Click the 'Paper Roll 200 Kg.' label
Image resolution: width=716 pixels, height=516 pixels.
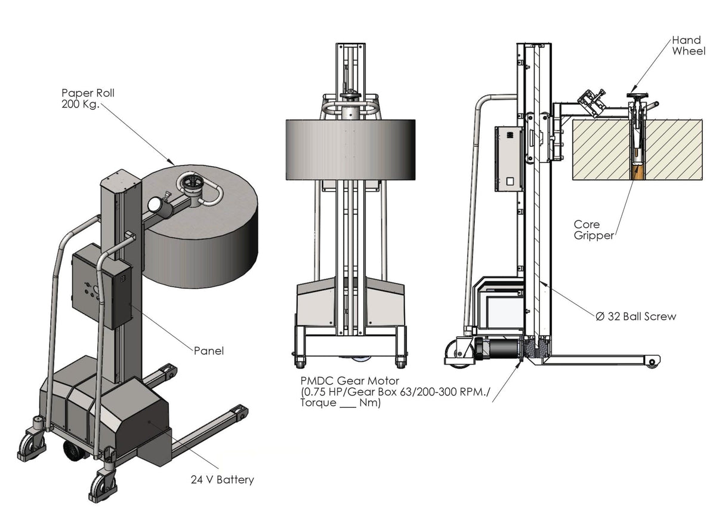coord(88,99)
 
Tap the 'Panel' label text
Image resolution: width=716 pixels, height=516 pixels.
coord(209,351)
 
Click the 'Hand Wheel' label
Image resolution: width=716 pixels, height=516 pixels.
coord(688,45)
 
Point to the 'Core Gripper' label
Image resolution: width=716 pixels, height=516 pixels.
coord(593,230)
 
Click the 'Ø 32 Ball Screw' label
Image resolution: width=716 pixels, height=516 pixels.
coord(635,317)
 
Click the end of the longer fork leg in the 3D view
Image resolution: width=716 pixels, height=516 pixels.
coord(239,412)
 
